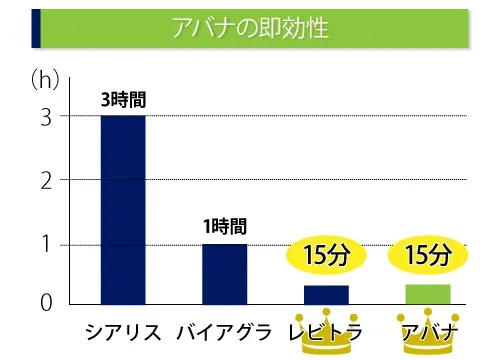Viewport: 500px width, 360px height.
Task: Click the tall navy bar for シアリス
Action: point(123,210)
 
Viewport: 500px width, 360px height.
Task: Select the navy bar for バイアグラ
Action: point(224,274)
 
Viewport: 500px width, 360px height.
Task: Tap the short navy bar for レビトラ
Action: point(326,294)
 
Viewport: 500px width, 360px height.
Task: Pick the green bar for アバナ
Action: point(427,294)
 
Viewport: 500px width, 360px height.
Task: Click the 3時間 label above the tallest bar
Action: point(123,100)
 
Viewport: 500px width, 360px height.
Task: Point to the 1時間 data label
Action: point(224,227)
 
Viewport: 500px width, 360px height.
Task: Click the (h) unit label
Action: point(43,79)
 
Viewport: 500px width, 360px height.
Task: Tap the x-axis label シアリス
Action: point(123,332)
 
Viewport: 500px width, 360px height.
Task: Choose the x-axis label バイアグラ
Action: point(224,332)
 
